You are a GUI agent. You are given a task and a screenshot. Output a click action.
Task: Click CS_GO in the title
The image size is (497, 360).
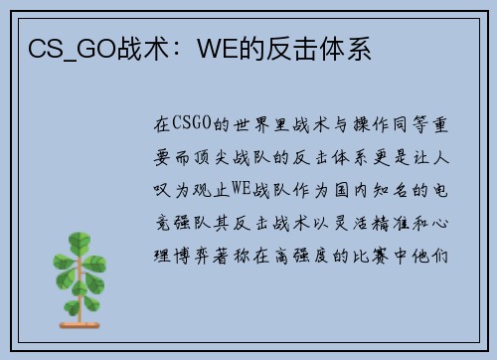(x=73, y=49)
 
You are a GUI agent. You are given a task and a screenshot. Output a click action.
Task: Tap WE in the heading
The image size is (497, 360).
(x=218, y=49)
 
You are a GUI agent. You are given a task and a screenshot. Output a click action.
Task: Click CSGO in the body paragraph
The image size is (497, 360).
(x=192, y=123)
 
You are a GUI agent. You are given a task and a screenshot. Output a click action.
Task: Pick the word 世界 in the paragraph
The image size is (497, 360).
(x=251, y=125)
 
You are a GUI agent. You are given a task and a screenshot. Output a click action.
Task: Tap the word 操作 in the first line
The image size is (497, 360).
(x=371, y=125)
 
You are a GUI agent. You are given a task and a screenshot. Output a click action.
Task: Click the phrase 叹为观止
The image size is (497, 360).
(x=192, y=190)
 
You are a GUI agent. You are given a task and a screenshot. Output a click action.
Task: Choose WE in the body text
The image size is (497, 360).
(x=241, y=188)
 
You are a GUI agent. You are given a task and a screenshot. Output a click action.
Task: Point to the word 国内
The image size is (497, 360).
(x=351, y=190)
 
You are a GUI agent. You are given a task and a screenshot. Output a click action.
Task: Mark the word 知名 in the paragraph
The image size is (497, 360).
(x=391, y=190)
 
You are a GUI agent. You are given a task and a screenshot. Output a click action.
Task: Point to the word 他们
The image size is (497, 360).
(x=430, y=256)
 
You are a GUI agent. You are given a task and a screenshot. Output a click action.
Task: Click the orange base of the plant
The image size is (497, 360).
(x=80, y=325)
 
